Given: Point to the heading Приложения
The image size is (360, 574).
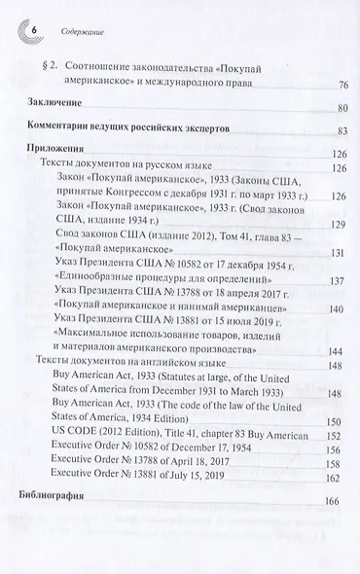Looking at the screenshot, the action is tap(60, 149).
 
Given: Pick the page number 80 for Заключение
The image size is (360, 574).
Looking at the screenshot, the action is tap(342, 108).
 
